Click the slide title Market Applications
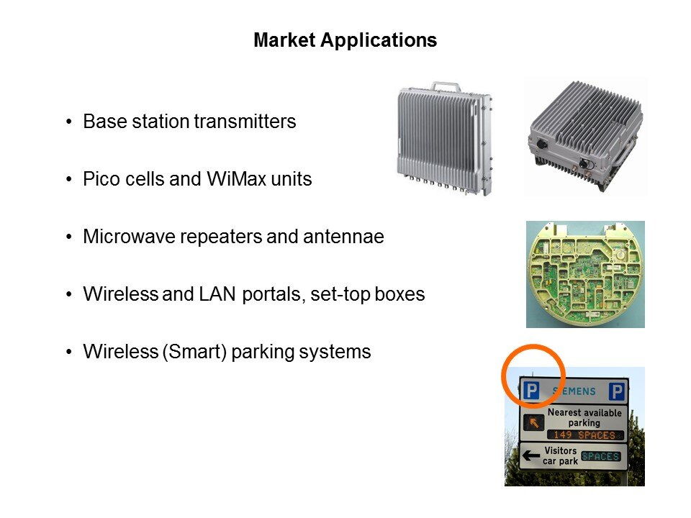(x=345, y=40)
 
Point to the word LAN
(x=217, y=294)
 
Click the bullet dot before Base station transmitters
(x=68, y=122)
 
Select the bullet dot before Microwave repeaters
(x=68, y=237)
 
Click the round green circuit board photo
(x=585, y=274)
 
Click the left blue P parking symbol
(x=531, y=390)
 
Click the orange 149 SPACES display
(x=584, y=435)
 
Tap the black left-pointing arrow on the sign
(x=530, y=455)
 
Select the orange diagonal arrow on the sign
(x=533, y=423)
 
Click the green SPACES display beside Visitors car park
(x=600, y=456)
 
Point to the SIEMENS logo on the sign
(x=574, y=391)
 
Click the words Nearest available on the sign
(x=584, y=412)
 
